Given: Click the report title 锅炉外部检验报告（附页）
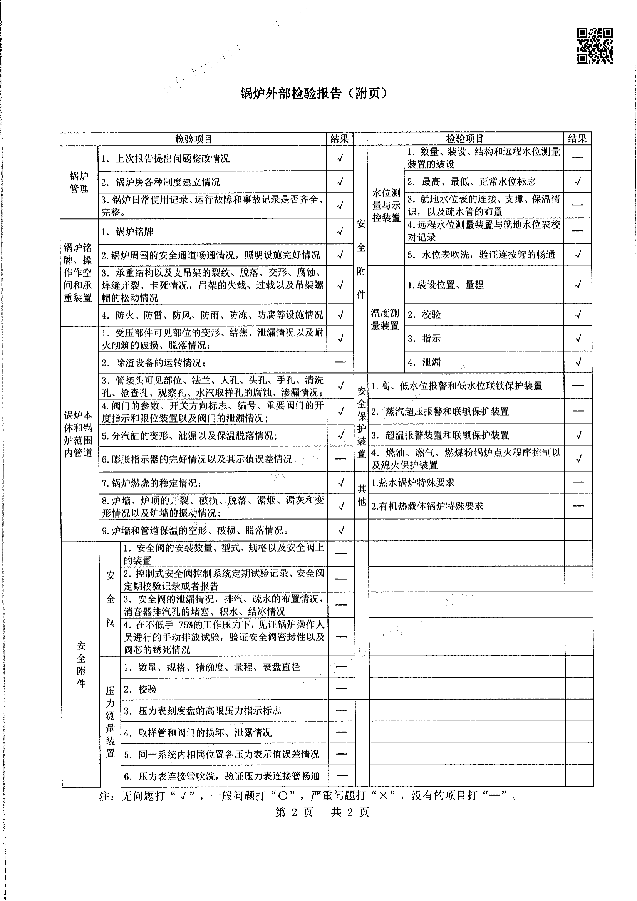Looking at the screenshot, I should [314, 93].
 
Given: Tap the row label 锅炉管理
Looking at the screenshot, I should [79, 182].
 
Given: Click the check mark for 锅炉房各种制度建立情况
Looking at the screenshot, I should [340, 182].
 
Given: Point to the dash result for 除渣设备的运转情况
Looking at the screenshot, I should [340, 362].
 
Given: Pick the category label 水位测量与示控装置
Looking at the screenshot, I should [386, 205].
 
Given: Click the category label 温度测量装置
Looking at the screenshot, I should [385, 319].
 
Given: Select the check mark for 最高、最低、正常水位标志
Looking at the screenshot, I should [577, 181].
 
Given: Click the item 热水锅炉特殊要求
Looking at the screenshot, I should [413, 482].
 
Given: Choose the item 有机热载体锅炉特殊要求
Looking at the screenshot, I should [427, 506].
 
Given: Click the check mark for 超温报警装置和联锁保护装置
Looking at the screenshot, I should [578, 435].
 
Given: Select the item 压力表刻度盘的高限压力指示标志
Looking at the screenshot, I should [210, 711].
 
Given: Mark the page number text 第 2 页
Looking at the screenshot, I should [294, 812].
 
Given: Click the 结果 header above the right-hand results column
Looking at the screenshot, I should [577, 138].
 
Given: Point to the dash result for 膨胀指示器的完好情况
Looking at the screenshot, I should [340, 459].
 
